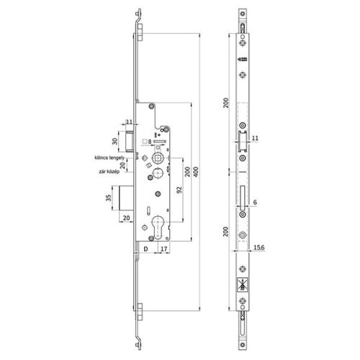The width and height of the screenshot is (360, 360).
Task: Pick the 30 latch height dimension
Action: [x=114, y=141]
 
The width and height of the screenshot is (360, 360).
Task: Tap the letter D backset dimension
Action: [x=145, y=251]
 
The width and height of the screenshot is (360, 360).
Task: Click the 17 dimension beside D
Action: [x=165, y=251]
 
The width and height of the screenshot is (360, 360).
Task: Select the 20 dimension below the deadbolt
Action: [x=126, y=218]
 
